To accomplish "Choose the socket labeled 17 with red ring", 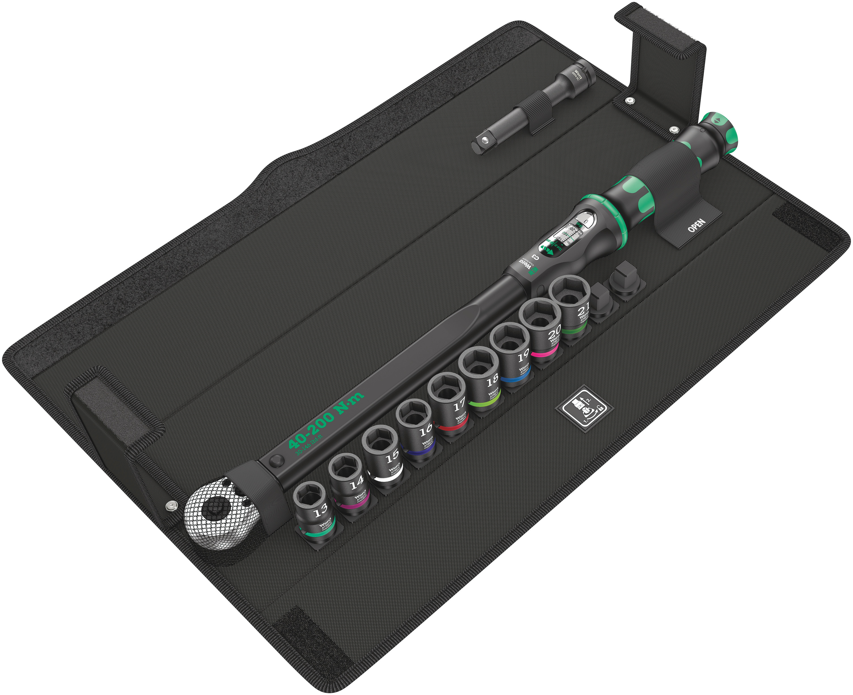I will [449, 404].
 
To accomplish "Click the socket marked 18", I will [481, 376].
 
